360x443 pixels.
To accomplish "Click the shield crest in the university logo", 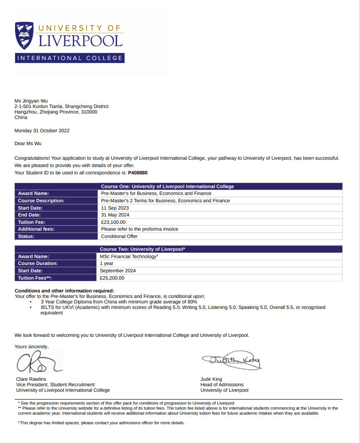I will coord(25,36).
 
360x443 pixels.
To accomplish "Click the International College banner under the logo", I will coord(70,58).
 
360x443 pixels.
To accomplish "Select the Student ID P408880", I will coord(138,173).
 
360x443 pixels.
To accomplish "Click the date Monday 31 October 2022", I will coord(42,130).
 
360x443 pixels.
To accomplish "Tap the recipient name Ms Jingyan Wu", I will coord(31,101).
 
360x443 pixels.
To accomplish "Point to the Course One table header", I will coord(167,186).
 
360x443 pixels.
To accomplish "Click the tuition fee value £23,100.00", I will coord(113,222).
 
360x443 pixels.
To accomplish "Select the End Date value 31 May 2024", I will coord(115,215).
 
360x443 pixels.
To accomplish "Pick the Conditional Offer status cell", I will coord(119,236).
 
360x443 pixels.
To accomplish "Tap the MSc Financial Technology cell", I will coord(129,257).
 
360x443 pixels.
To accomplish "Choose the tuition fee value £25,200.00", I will coord(112,278).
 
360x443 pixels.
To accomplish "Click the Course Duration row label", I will coord(38,264).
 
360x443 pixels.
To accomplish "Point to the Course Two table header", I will coord(142,249).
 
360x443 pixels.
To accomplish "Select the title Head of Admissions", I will coord(222,384).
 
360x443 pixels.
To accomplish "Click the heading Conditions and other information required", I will coord(64,291).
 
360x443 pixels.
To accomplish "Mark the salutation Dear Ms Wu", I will coord(28,143).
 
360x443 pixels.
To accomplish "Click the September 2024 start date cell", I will coord(118,270).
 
